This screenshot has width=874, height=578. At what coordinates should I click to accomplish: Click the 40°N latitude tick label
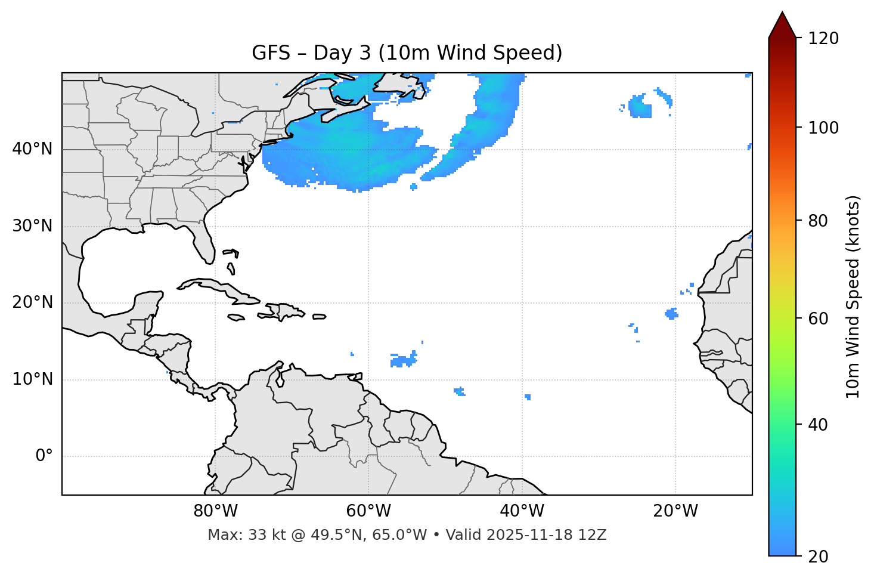[32, 149]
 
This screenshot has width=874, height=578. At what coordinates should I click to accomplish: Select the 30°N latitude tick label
[32, 226]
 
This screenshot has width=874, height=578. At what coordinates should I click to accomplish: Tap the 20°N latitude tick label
[32, 302]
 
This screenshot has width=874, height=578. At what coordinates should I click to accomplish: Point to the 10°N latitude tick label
[32, 379]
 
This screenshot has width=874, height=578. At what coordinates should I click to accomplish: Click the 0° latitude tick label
[44, 456]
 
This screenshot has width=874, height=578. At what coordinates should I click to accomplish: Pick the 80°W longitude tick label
[215, 511]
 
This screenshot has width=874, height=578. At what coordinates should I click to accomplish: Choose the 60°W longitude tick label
[368, 511]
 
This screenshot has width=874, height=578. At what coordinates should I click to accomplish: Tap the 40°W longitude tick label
[522, 511]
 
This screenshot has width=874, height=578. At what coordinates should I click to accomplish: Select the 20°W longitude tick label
[675, 511]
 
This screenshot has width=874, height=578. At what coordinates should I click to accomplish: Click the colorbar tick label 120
[823, 39]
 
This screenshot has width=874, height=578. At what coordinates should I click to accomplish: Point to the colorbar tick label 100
[823, 128]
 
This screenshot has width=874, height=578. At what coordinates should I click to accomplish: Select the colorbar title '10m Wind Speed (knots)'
[853, 297]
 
